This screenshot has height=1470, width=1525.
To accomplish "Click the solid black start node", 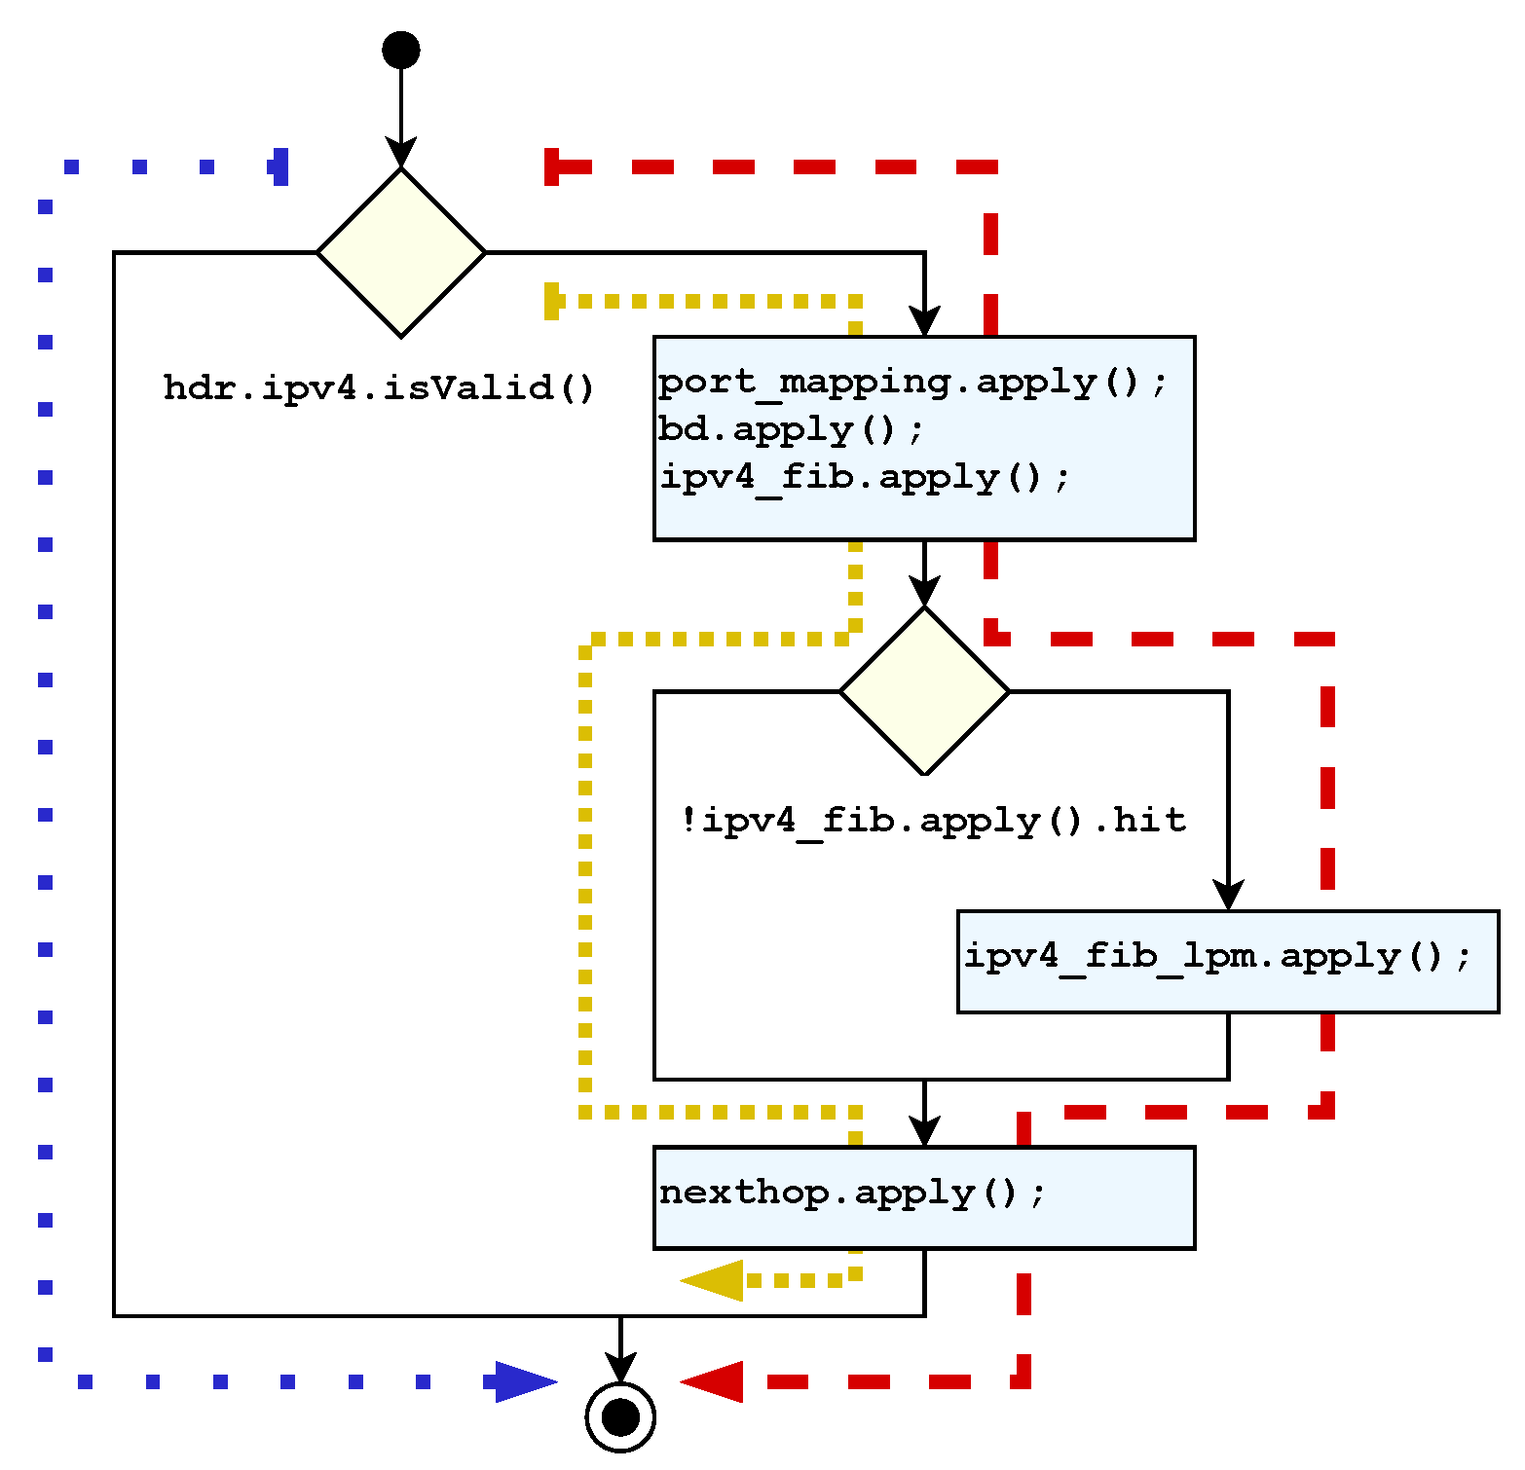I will [400, 50].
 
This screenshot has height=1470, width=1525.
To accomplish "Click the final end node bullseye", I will [620, 1416].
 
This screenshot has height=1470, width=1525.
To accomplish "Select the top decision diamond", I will [400, 252].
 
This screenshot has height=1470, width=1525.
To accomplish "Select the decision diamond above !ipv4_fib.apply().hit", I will [924, 691].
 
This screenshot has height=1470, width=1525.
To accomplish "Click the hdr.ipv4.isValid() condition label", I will [379, 387].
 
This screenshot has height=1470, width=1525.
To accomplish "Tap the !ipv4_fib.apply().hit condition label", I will [933, 821].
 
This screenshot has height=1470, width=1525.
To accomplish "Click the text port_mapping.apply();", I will [912, 382].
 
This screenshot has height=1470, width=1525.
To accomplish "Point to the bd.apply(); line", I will [791, 429].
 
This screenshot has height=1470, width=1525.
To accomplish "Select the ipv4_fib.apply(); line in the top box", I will [865, 477].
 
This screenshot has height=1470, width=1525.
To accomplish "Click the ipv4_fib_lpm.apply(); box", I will [1227, 961].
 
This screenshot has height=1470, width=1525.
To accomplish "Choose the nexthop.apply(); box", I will [923, 1197].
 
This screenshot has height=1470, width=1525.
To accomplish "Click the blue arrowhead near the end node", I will [524, 1381].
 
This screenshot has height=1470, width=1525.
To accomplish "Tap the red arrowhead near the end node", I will [713, 1381].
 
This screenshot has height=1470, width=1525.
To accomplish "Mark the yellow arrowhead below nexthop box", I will [713, 1280].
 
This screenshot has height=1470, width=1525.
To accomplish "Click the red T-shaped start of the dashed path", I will [552, 166].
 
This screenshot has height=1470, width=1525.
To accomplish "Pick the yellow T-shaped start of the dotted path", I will [552, 301].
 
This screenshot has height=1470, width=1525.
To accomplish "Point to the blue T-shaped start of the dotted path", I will [280, 166].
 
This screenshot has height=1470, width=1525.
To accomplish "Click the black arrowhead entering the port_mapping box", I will [924, 322].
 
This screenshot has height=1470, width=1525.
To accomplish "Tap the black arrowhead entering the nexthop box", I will [924, 1131].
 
